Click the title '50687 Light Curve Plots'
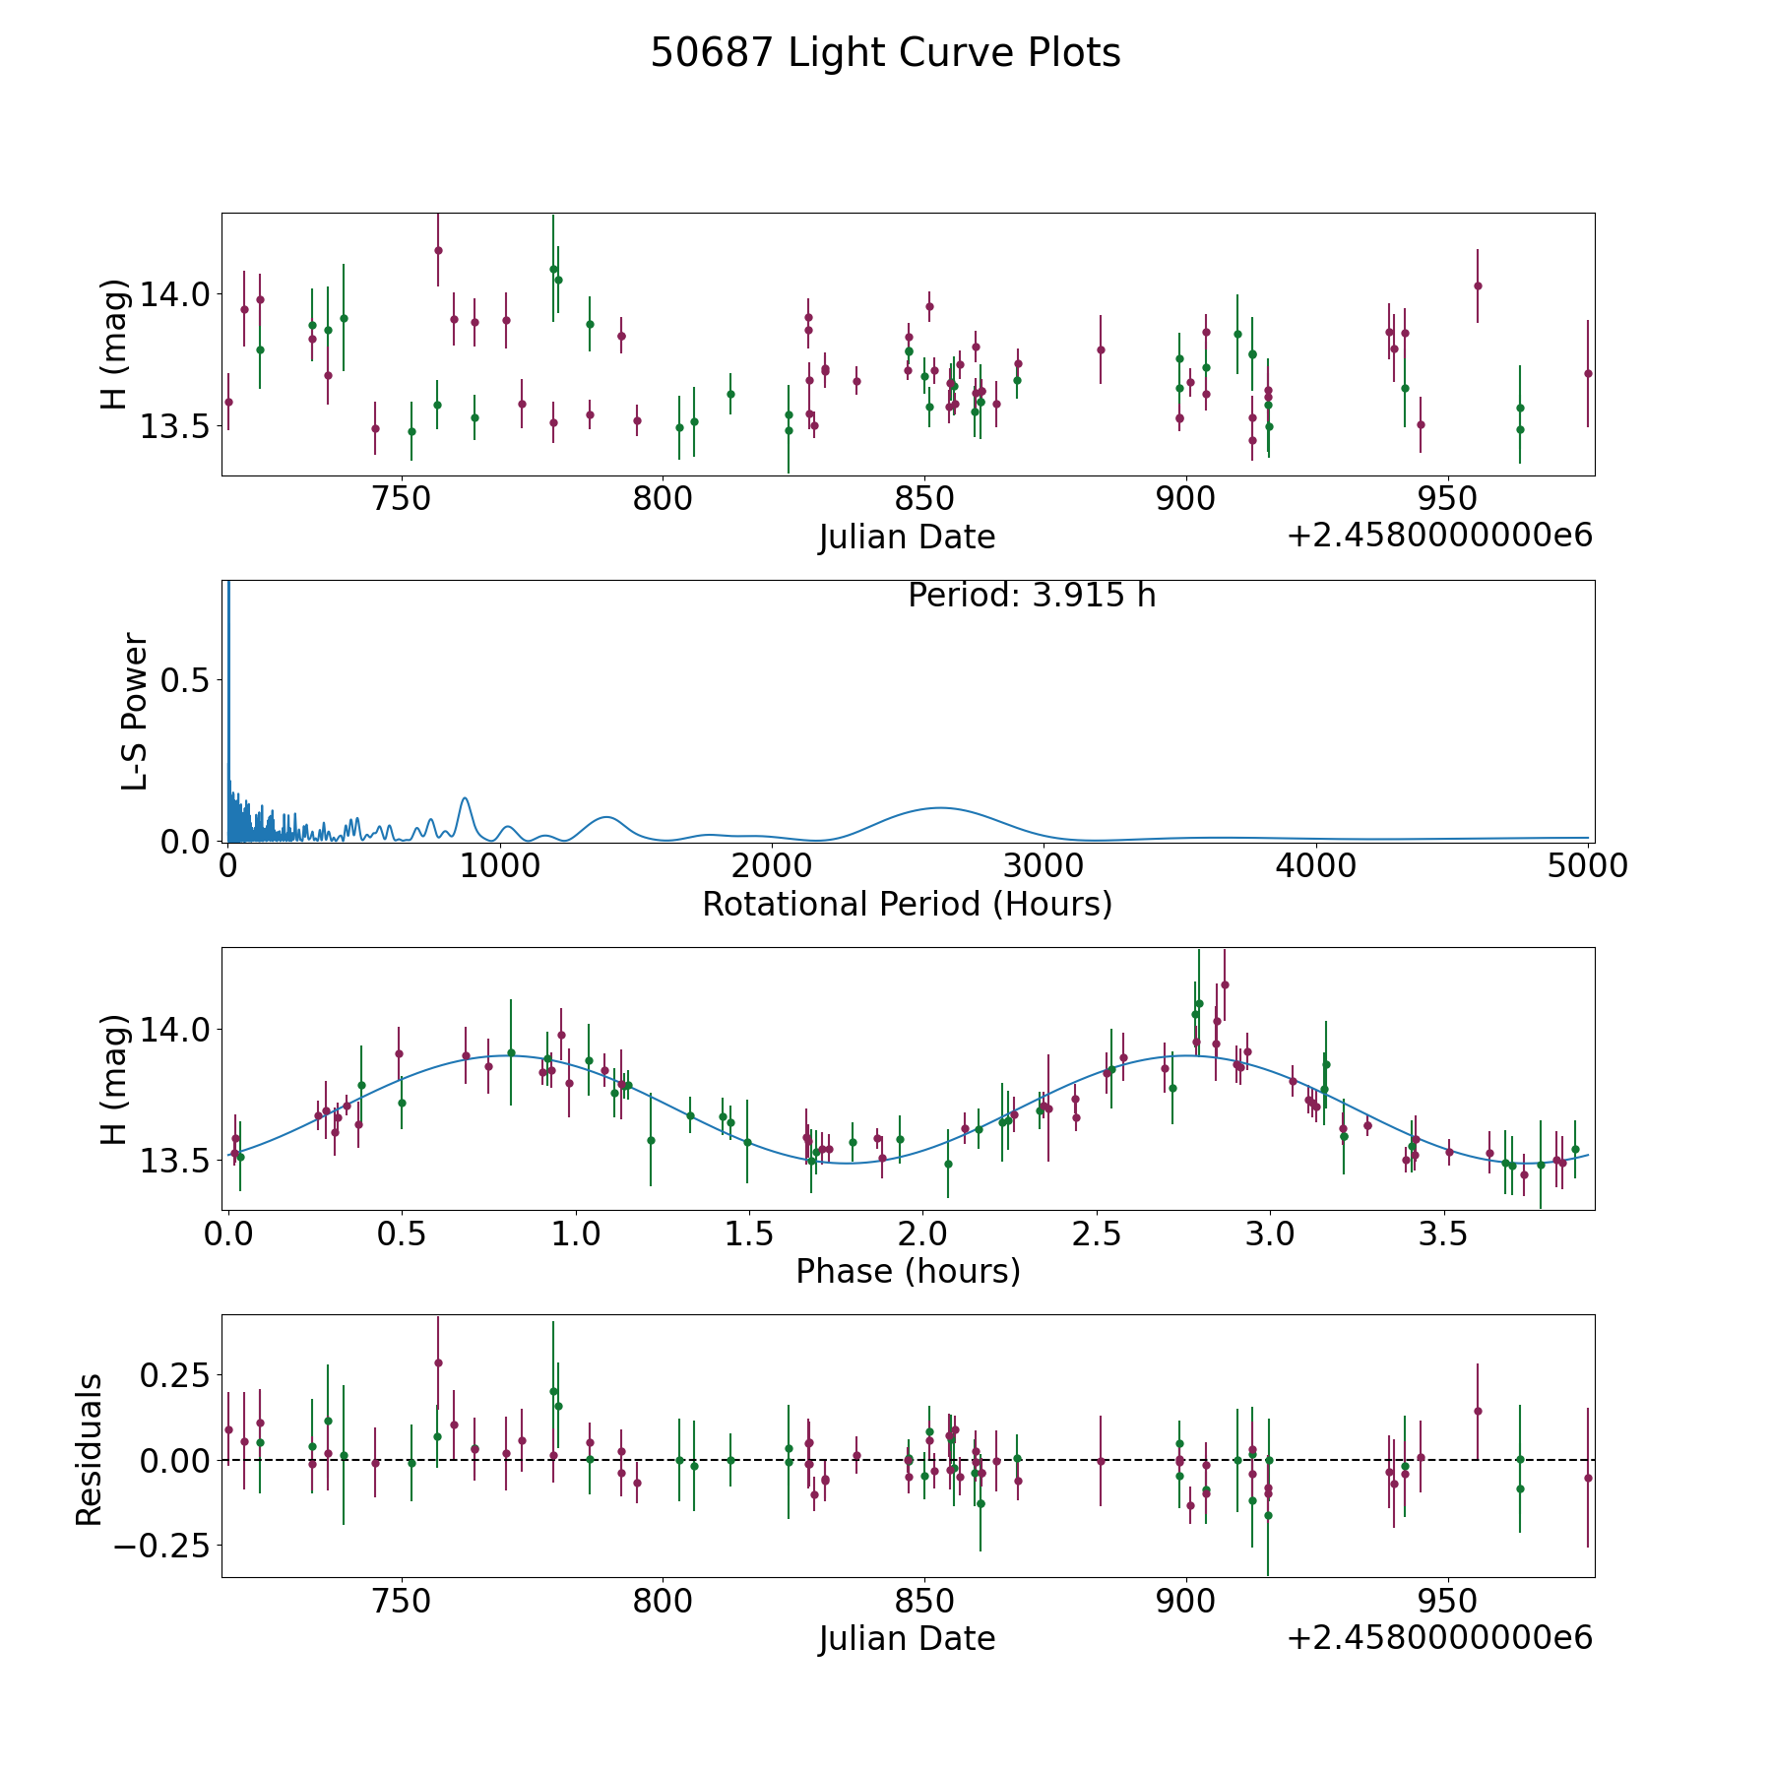(x=885, y=53)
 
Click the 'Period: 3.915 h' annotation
(x=1032, y=596)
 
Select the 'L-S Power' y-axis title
(x=135, y=712)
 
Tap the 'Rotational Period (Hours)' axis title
(x=907, y=904)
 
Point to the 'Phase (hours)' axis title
(x=908, y=1271)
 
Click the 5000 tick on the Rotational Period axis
(x=1588, y=865)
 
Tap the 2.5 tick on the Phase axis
(x=1097, y=1233)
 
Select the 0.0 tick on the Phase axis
(x=229, y=1233)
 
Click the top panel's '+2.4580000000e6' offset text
(x=1439, y=537)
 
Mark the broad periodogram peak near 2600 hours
(x=940, y=807)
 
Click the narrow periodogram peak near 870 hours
(x=465, y=798)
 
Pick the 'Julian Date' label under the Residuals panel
(x=907, y=1639)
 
